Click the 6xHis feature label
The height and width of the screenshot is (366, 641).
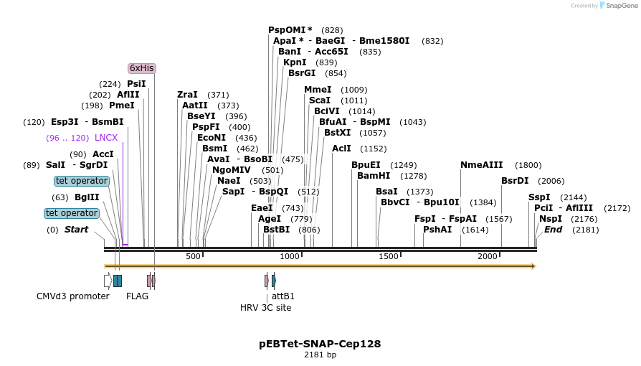141,68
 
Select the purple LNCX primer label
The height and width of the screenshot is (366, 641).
106,138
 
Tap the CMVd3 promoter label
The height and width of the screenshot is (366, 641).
73,296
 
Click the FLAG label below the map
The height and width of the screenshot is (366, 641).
137,296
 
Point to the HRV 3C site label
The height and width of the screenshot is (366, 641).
265,307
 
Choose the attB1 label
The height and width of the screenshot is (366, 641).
283,296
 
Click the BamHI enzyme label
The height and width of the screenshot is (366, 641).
372,176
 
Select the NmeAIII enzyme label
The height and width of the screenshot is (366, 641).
482,165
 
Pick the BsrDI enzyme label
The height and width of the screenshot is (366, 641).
515,181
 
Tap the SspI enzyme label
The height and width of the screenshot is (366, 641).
539,197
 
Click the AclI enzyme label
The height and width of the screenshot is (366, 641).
341,149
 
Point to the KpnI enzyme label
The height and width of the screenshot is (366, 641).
295,62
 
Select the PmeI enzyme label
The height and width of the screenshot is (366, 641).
122,105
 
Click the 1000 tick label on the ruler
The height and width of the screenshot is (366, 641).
290,256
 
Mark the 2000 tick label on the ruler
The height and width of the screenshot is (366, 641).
488,256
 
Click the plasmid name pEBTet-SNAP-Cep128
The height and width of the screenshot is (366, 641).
320,344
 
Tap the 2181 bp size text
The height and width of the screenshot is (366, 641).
320,355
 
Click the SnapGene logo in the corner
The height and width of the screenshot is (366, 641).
617,6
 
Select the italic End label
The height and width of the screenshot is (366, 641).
553,230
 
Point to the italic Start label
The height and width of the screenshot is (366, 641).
77,230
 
